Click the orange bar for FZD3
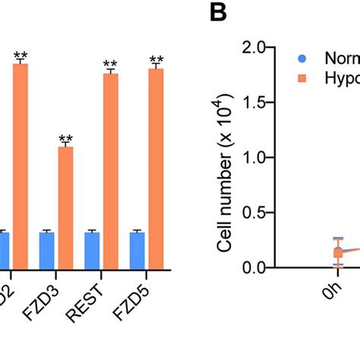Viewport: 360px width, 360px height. (65, 207)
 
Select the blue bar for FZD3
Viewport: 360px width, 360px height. (47, 250)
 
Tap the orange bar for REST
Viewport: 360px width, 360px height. (111, 171)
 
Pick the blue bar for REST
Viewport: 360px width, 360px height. (92, 250)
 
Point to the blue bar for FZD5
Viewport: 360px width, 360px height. (137, 250)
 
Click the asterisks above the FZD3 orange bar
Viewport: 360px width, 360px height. (65, 139)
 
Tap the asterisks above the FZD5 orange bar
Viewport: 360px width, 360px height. (156, 61)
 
